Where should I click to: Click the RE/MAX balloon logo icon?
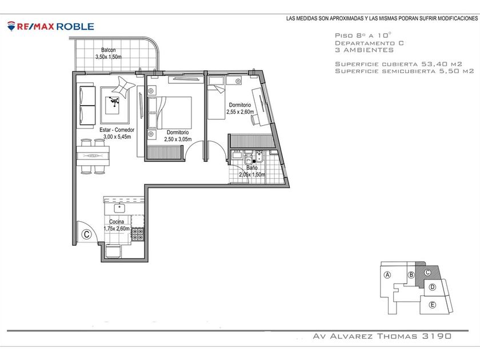coord(11,26)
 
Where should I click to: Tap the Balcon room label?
coord(109,50)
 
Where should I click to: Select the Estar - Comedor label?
coord(117,130)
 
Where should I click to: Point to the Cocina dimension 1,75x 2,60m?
coord(117,229)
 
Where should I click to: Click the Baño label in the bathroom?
coord(251,168)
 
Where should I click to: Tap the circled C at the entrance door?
coord(87,234)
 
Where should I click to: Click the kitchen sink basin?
coord(119,208)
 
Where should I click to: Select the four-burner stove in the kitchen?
coord(138,234)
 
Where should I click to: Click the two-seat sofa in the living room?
coord(87,106)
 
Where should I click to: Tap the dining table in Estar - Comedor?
coord(93,156)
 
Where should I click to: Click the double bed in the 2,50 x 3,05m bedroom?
coord(169,113)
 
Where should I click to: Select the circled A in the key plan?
coord(387,275)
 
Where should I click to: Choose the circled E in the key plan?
coord(432,305)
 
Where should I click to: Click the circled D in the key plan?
coord(432,287)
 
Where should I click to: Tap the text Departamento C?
coord(370,43)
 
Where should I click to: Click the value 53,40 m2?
coord(442,64)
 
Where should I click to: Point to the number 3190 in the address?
coord(437,336)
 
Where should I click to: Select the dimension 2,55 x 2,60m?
coord(240,112)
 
